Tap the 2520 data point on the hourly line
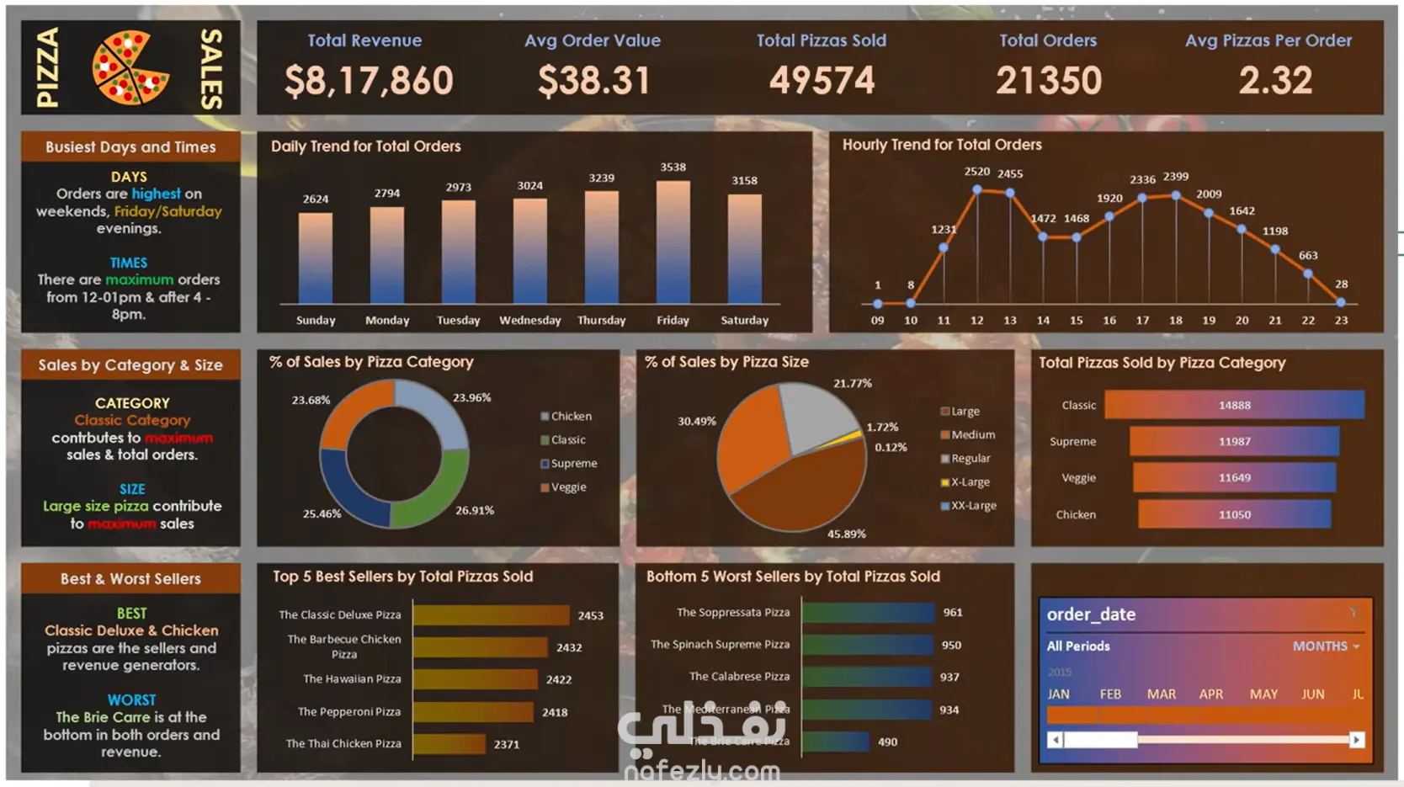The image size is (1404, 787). coord(976,189)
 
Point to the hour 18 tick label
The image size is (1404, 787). coord(1175,321)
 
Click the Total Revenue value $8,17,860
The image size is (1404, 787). coord(369,81)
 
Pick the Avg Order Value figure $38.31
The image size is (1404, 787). coord(594,81)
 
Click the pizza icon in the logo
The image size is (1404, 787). coord(130,67)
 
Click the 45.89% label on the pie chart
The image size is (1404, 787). coord(846,534)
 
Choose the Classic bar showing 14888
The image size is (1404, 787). coord(1234,405)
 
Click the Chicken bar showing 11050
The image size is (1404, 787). coord(1234,514)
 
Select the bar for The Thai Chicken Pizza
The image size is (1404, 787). coord(449,744)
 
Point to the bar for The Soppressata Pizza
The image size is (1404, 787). coord(868,613)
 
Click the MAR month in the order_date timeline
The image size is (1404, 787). coord(1161,694)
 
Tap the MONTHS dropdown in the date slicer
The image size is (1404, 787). coord(1326,646)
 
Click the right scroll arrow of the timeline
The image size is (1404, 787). coord(1356,740)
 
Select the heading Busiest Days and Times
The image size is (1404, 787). coord(130,147)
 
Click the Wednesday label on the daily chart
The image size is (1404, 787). coord(529,321)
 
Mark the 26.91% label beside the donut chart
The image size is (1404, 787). coord(475,510)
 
